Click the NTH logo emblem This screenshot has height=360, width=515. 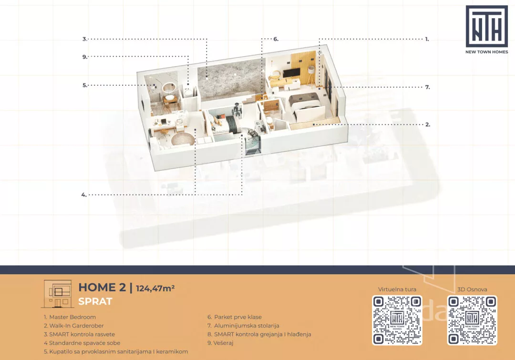487,26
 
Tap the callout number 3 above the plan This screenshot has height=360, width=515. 84,39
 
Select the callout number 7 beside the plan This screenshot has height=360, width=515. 427,87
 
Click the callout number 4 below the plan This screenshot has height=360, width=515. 84,195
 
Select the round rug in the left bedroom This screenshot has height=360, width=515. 183,139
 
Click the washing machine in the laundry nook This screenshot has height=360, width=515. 188,93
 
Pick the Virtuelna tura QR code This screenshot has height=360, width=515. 397,320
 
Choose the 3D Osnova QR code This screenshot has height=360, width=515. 472,320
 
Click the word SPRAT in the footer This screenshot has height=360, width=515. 95,301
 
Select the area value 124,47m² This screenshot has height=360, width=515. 155,288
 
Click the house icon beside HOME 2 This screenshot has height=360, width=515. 58,294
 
